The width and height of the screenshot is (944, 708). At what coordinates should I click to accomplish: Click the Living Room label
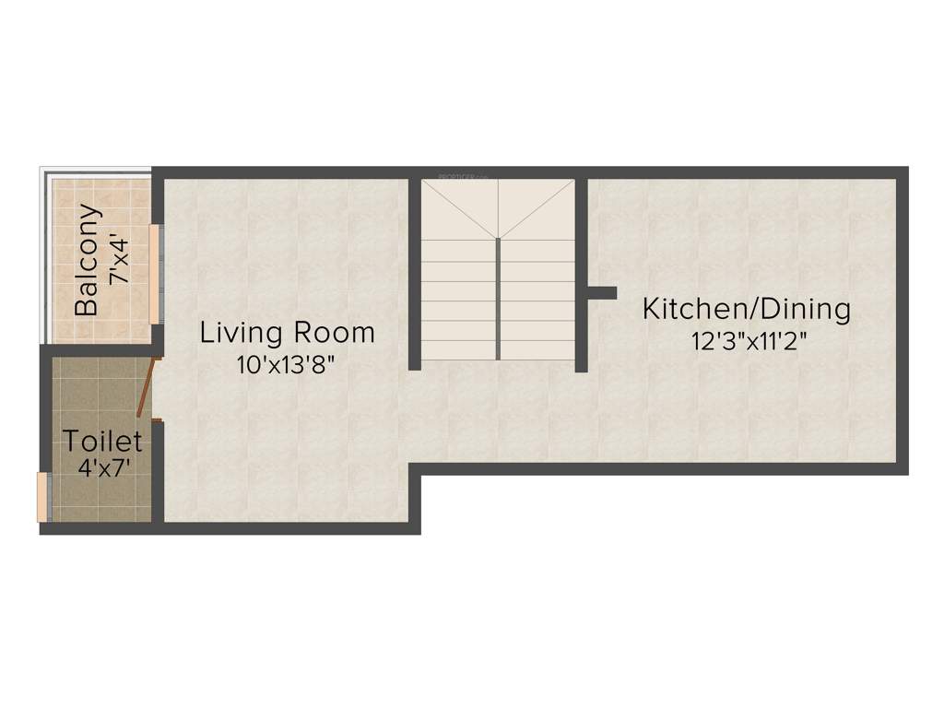coord(288,332)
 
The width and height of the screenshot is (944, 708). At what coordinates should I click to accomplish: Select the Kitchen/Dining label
coord(746,309)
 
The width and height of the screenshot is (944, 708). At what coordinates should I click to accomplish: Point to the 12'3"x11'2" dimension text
coord(749,341)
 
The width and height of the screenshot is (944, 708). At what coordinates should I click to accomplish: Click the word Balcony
coord(87,259)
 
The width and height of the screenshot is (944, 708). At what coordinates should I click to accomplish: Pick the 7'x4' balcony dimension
coord(118,260)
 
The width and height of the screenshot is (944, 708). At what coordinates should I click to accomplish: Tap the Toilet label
coord(101,441)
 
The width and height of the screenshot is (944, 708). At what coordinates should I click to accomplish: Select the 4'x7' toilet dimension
coord(103,466)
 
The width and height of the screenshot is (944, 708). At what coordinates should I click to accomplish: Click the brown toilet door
coord(146,388)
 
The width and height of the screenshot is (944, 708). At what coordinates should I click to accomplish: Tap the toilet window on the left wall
coord(41,497)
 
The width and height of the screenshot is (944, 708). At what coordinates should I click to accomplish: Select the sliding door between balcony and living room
coord(155,273)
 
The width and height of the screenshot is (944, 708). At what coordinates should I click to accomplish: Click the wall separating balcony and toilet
coord(97,348)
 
